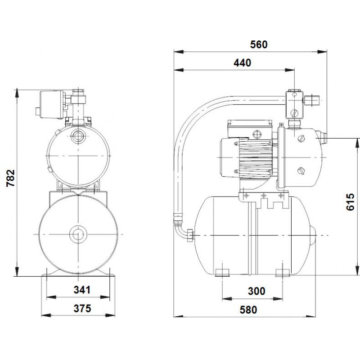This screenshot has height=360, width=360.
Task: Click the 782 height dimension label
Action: pyautogui.click(x=11, y=178)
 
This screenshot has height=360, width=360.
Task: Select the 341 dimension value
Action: pyautogui.click(x=82, y=290)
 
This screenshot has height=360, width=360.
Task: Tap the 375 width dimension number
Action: pyautogui.click(x=82, y=308)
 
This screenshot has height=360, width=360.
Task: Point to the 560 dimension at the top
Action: pyautogui.click(x=259, y=45)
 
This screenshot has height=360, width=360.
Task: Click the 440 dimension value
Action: pyautogui.click(x=243, y=63)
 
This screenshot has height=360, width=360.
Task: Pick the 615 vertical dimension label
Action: pyautogui.click(x=351, y=202)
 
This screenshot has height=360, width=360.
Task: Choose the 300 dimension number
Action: pyautogui.click(x=256, y=291)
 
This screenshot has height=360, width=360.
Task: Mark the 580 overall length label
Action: pyautogui.click(x=248, y=310)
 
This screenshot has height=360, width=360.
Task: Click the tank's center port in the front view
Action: pyautogui.click(x=78, y=234)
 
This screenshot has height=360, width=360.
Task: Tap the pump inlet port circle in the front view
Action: pyautogui.click(x=78, y=136)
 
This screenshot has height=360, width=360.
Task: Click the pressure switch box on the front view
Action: pyautogui.click(x=52, y=104)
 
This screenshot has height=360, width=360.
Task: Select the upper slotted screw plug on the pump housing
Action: pyautogui.click(x=301, y=139)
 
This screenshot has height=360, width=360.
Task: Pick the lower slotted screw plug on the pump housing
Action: pyautogui.click(x=301, y=171)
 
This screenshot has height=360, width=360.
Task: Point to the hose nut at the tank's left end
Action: pyautogui.click(x=190, y=235)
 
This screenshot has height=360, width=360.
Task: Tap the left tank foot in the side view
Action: pyautogui.click(x=222, y=273)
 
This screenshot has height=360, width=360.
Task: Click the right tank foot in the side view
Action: pyautogui.click(x=283, y=273)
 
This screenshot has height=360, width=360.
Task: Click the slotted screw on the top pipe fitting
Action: pyautogui.click(x=294, y=113)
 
